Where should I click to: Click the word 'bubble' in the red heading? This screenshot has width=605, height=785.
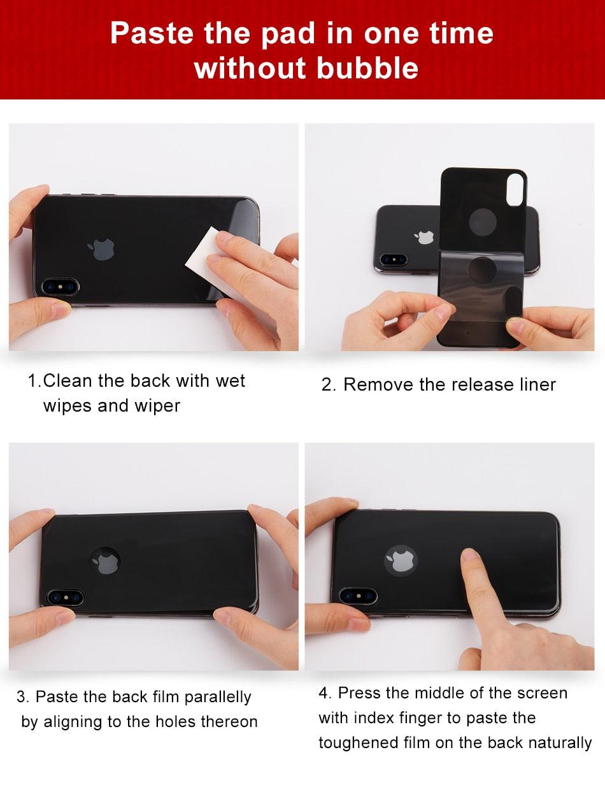click(x=367, y=68)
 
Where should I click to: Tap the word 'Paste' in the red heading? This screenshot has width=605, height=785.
click(x=152, y=33)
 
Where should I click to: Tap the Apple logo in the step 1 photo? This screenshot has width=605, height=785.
click(x=101, y=249)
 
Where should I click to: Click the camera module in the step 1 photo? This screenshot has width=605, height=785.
click(x=60, y=287)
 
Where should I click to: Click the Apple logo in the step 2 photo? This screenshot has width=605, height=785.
click(x=425, y=237)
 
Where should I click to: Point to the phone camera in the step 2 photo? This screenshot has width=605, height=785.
click(x=393, y=259)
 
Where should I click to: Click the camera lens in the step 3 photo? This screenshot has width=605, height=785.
click(x=66, y=598)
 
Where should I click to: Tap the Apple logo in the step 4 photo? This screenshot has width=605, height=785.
click(x=401, y=561)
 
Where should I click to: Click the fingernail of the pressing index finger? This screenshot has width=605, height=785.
click(x=469, y=555)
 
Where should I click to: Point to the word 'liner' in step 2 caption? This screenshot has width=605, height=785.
click(x=538, y=384)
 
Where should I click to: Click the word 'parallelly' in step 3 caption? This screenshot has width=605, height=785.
click(x=218, y=697)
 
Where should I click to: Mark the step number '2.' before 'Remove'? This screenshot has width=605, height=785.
click(x=329, y=385)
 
